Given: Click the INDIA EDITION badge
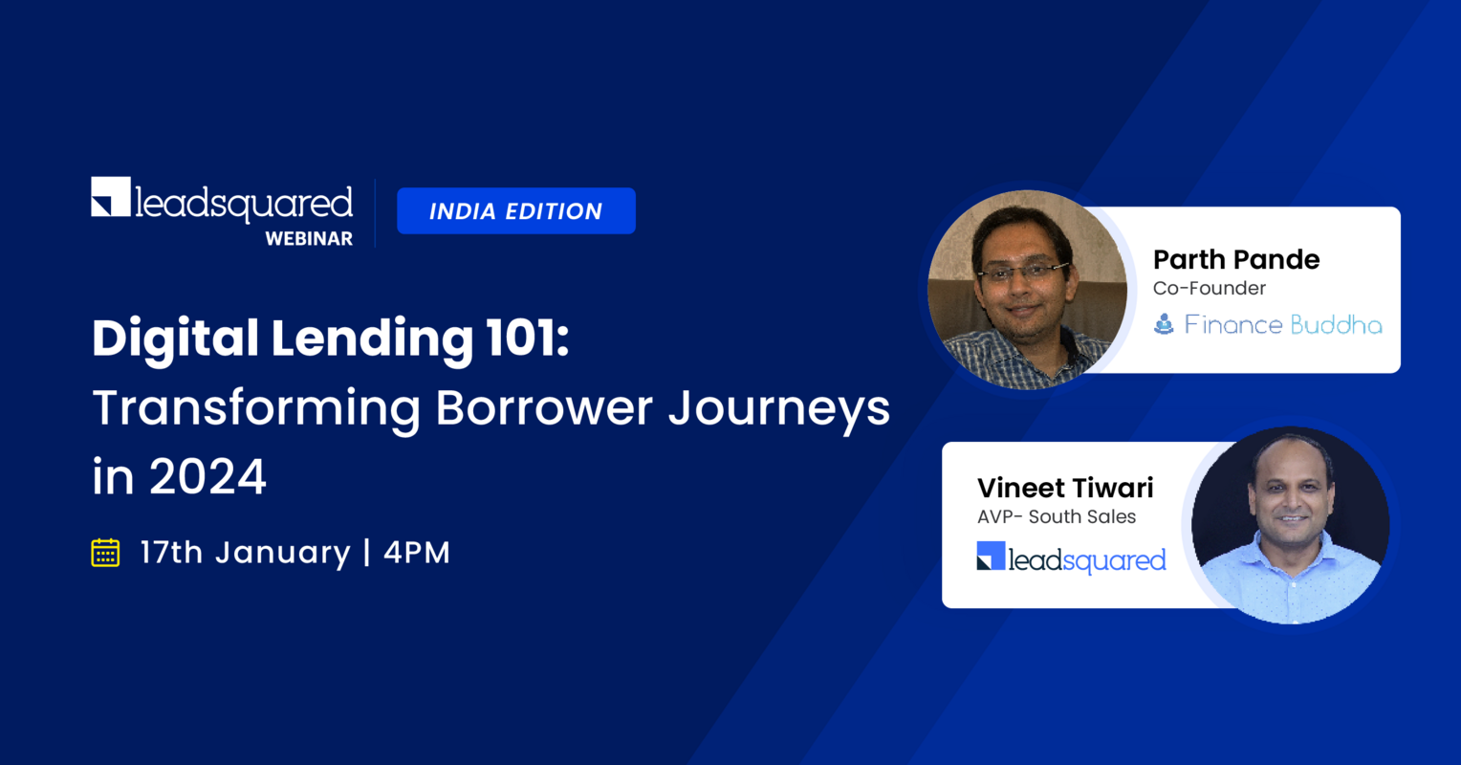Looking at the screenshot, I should click(x=516, y=211).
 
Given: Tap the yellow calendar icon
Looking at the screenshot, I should click(x=105, y=553).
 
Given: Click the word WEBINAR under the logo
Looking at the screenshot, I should click(x=309, y=239).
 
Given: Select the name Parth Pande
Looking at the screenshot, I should click(x=1235, y=259).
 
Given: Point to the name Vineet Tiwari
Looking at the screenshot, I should click(x=1065, y=488).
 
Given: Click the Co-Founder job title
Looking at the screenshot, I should click(x=1209, y=289).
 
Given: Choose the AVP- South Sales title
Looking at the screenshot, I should click(x=1057, y=517).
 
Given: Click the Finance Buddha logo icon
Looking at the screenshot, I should click(x=1164, y=325).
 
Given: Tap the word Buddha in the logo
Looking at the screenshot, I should click(x=1336, y=325).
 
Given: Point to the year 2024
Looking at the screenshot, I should click(x=207, y=477).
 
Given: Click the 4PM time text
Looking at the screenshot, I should click(x=417, y=553).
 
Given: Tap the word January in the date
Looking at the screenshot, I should click(x=282, y=553).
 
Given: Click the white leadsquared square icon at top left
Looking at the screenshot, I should click(x=111, y=197).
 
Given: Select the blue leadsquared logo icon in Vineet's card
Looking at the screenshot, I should click(x=991, y=557).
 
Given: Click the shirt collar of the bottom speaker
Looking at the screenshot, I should click(x=1290, y=557).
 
